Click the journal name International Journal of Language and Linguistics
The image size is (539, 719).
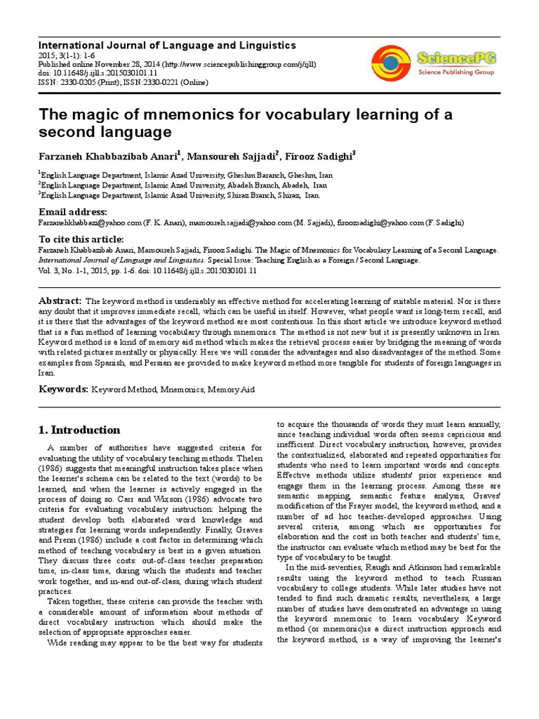point(167,45)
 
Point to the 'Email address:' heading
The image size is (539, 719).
point(72,212)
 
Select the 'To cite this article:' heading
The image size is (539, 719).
point(81,239)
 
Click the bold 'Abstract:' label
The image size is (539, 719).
point(60,301)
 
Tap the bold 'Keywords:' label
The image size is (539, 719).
point(62,389)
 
